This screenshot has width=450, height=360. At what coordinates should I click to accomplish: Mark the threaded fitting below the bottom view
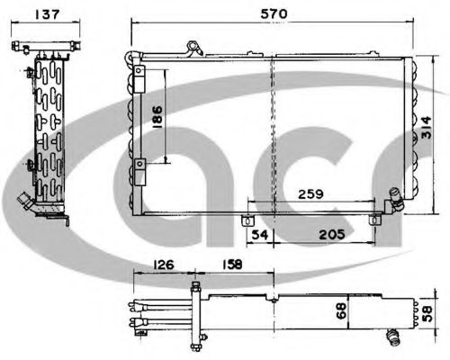392,337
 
